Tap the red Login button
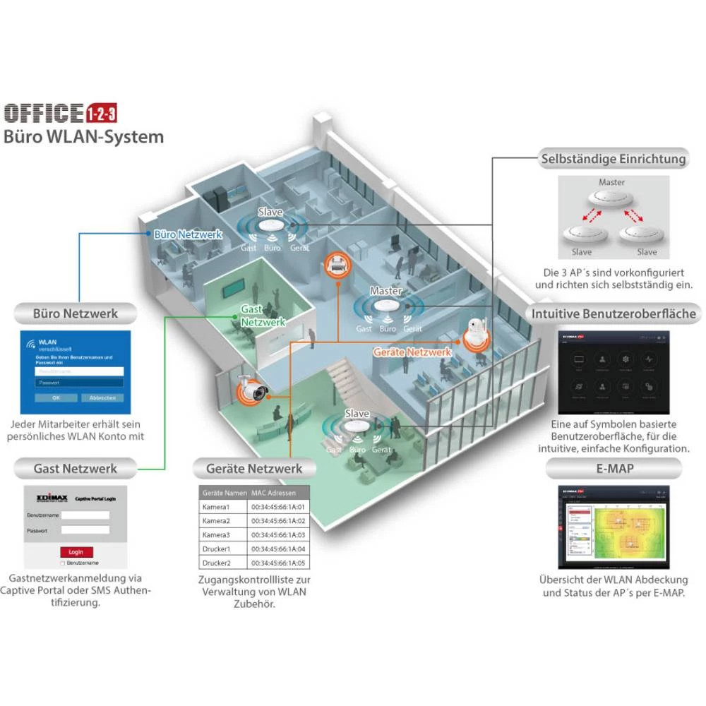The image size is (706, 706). (x=76, y=551)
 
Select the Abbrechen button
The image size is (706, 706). (x=102, y=398)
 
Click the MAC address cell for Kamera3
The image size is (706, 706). (x=277, y=535)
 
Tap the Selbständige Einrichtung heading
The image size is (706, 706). (x=613, y=159)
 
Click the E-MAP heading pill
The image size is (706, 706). (x=613, y=467)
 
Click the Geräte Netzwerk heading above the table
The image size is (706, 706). (x=254, y=468)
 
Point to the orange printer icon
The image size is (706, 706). (x=337, y=266)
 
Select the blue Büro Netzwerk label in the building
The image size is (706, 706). (x=189, y=234)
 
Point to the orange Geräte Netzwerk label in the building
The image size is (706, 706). (x=412, y=352)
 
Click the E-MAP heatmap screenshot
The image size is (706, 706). (x=612, y=527)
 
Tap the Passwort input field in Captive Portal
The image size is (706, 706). (x=85, y=529)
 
